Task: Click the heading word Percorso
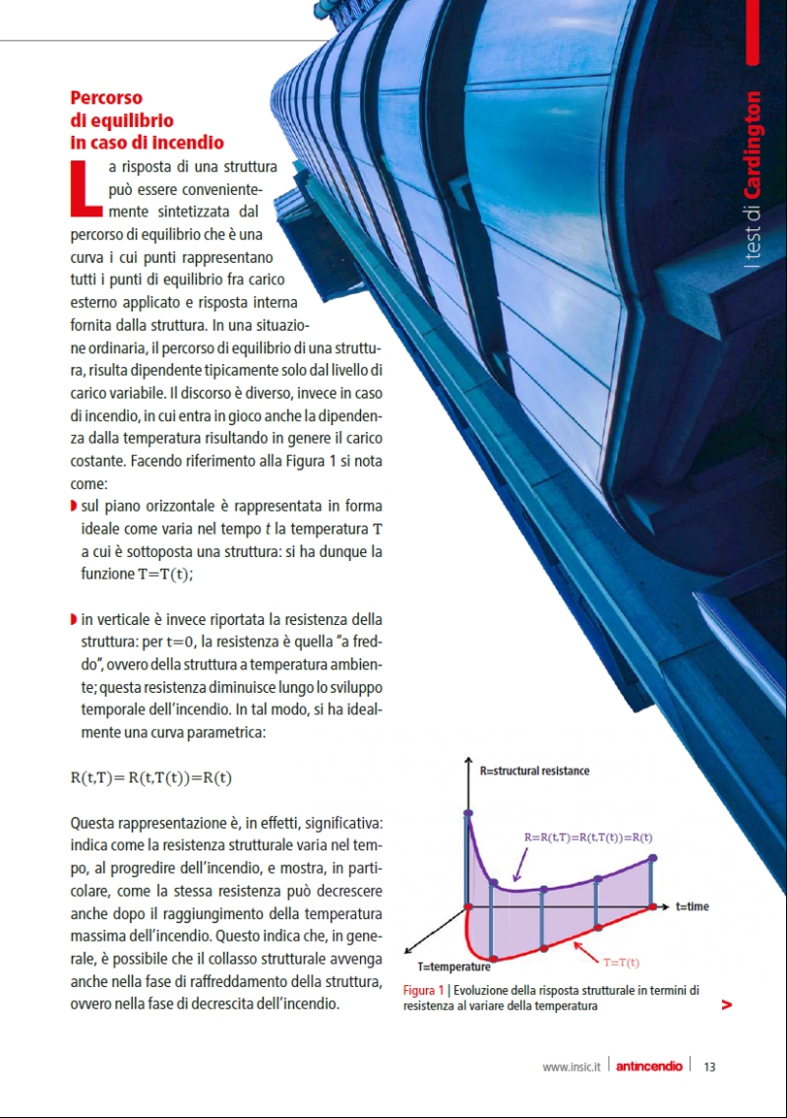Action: coord(106,98)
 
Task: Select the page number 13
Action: coord(709,1066)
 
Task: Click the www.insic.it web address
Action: coord(571,1066)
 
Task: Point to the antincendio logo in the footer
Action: coord(648,1066)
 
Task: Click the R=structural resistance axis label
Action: coord(535,771)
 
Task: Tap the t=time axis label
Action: coord(692,906)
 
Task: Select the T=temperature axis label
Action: coord(454,967)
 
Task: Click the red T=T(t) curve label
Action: coord(621,962)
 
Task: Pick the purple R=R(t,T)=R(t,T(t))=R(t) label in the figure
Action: coord(588,837)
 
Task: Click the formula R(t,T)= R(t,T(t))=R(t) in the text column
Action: coord(151,778)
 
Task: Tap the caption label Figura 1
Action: coord(424,990)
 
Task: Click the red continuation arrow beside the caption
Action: coord(726,1005)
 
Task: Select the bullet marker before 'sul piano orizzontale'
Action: coord(74,507)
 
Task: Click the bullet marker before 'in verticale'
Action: coord(74,619)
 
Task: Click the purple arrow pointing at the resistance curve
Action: coord(518,867)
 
